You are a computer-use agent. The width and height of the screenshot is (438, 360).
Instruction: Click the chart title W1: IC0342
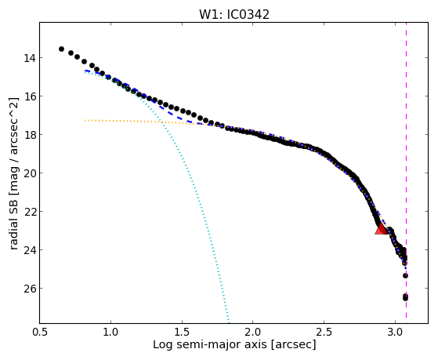234,14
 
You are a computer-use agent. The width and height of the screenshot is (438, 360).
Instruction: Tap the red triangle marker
382,229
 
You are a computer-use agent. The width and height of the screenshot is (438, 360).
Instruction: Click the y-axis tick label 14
29,58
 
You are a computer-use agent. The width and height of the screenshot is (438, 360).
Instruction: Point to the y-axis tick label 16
29,96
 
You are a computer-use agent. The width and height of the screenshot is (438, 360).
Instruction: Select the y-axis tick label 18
29,135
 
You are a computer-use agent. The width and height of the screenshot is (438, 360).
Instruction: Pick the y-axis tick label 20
29,173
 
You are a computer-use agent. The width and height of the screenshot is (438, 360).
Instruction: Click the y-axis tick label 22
29,212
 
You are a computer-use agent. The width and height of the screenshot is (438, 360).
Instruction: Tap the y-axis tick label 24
29,249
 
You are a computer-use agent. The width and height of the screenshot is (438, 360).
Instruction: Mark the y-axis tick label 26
29,289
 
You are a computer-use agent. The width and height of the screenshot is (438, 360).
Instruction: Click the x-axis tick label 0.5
40,332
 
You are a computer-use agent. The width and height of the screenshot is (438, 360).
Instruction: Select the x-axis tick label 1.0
111,332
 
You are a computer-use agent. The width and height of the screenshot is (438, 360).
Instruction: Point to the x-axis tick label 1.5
182,332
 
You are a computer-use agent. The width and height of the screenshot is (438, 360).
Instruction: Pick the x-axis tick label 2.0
253,332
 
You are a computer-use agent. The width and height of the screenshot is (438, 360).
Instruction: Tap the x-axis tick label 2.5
324,332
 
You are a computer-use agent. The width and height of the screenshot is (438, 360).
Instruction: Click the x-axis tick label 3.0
395,332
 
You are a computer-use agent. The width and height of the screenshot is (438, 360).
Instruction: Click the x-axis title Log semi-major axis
210,345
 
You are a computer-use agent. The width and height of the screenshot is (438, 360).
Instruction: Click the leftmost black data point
61,49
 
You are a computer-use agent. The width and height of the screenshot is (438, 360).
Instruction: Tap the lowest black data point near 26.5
405,298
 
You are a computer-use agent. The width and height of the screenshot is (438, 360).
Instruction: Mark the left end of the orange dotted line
85,120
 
